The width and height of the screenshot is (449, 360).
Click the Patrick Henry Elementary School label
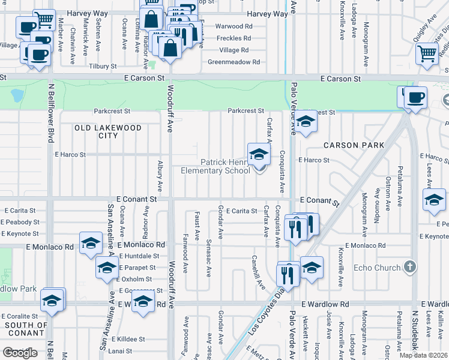[215, 166]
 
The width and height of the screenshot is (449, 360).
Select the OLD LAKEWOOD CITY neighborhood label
[108, 131]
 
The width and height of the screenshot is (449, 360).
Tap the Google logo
[20, 353]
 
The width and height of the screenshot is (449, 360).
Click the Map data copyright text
[424, 355]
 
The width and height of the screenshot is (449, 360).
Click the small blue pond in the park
[17, 95]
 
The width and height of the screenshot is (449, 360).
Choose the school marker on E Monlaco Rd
[91, 243]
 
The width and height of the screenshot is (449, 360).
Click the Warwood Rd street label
[234, 26]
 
